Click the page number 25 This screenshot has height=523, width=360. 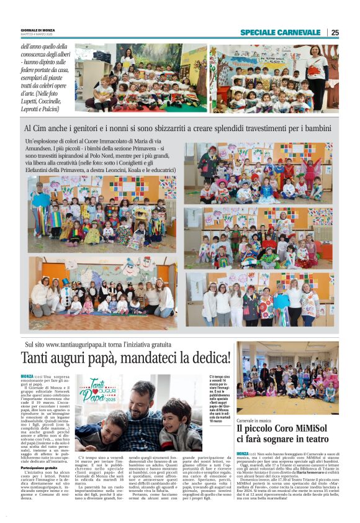[335, 32]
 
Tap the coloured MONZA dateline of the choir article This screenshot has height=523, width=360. [242, 454]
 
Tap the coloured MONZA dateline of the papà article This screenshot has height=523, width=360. [27, 376]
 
